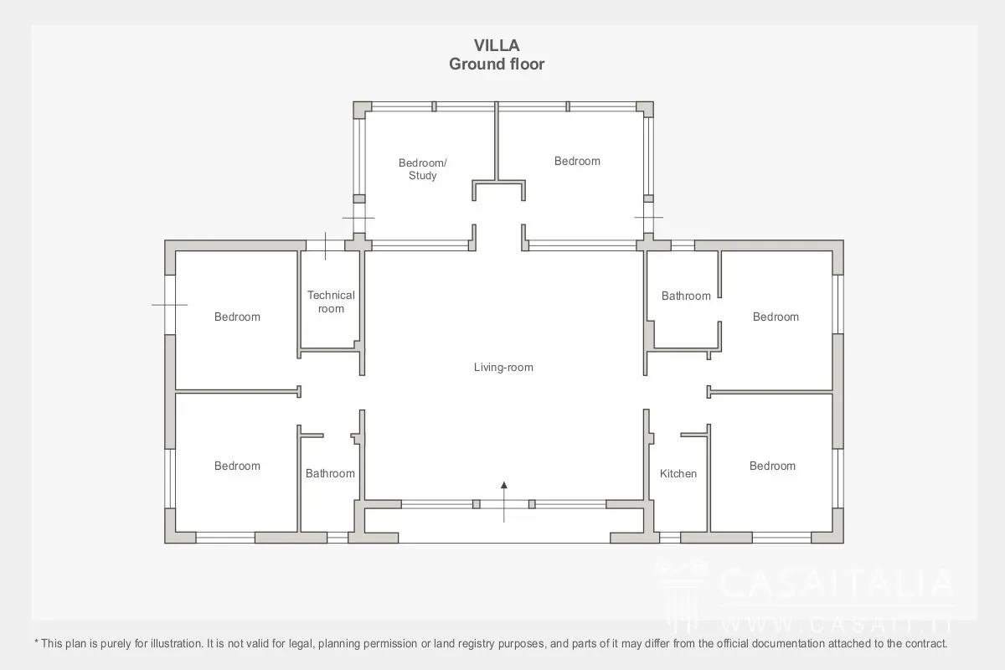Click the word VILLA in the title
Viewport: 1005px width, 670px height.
point(497,45)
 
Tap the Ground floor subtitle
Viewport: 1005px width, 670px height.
point(497,64)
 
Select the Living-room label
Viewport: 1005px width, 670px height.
point(503,368)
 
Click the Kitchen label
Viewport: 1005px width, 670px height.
point(678,473)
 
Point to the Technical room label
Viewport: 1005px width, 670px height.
point(331,302)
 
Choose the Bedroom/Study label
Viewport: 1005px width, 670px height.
point(423,169)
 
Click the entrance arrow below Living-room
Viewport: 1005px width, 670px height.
point(504,502)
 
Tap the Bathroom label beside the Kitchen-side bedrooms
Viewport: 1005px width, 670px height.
point(686,296)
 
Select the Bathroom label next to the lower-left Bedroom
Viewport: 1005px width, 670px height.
point(330,473)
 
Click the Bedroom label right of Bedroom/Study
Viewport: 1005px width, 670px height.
point(577,161)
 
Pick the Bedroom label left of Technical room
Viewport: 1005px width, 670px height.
point(237,317)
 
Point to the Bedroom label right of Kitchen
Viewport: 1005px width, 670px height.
point(772,466)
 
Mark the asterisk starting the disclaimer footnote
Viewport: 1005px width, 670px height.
point(36,642)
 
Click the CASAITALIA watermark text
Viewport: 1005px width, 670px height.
point(837,583)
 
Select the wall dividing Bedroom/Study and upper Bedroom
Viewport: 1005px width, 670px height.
point(497,141)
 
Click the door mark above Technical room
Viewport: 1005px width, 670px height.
point(325,246)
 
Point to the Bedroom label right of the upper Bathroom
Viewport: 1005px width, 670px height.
point(776,317)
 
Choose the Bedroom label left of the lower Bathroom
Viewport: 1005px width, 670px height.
point(237,466)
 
